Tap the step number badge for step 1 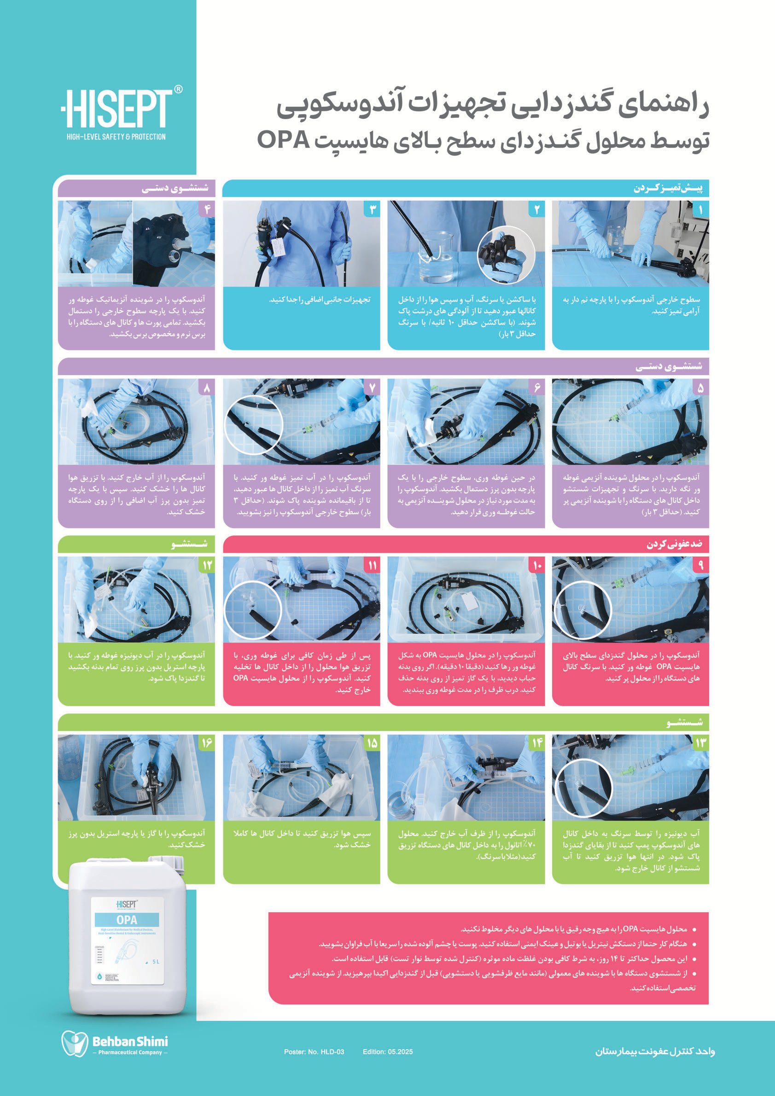[700, 209]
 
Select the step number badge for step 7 [372, 388]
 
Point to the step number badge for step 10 [537, 565]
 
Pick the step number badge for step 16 [207, 743]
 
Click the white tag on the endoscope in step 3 [279, 249]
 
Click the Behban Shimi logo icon [75, 1043]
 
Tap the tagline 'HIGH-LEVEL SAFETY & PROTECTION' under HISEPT [116, 137]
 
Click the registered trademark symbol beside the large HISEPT [178, 89]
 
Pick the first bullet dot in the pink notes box [694, 930]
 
